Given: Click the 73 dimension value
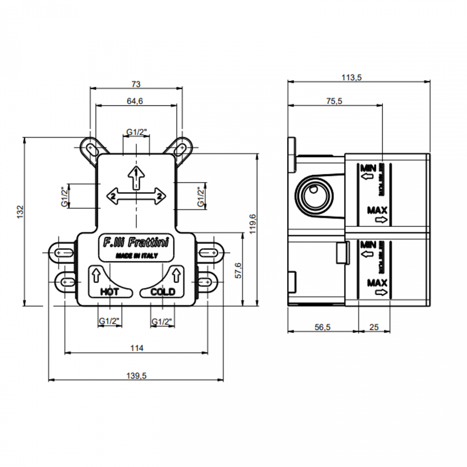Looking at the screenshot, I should tap(136, 84).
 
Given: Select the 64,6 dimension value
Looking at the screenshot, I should tap(135, 101).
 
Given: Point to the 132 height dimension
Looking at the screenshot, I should tap(20, 212).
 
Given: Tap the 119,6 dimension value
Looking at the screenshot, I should tap(253, 224).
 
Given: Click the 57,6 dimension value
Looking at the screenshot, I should tap(238, 270).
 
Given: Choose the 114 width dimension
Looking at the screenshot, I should tap(137, 348).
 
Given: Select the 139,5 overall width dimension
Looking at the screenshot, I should tap(137, 376).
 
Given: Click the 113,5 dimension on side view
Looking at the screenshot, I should tap(351, 77).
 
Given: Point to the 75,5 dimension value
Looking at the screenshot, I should tap(334, 101).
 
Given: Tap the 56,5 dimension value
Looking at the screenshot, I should tap(322, 327).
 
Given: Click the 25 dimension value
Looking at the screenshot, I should tap(374, 327).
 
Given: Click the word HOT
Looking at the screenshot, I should tap(109, 292).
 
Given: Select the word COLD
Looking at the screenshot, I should tap(163, 292).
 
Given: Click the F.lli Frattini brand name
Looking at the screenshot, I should tap(136, 243).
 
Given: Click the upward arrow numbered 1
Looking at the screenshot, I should tap(136, 177).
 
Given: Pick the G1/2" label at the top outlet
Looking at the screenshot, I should tap(136, 133).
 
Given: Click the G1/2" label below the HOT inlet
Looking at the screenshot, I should tap(109, 321).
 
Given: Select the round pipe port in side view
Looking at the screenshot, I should tap(314, 196).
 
